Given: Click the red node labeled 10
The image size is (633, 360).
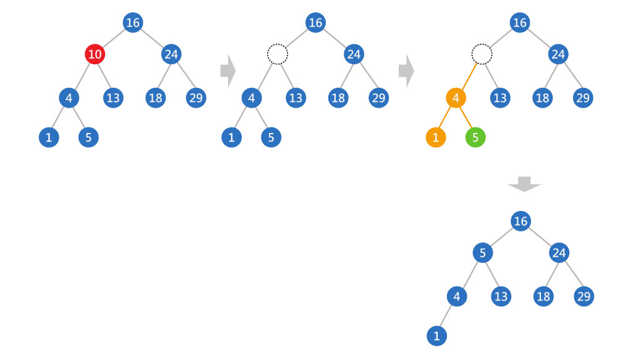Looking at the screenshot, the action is tap(95, 54).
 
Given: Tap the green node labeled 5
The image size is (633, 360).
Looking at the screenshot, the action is tap(475, 137).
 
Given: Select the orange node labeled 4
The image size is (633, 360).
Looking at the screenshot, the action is tap(456, 98).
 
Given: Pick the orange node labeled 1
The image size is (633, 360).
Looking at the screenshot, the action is tap(436, 137).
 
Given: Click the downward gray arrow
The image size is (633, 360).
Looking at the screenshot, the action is tap(524, 184).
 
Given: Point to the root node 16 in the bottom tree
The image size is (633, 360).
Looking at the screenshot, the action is tap(521, 221).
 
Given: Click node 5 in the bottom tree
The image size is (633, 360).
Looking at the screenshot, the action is tap(483, 253).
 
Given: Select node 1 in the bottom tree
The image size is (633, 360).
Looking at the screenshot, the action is tap(436, 336).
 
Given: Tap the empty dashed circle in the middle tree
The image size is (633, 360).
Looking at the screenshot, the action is tap(278, 54).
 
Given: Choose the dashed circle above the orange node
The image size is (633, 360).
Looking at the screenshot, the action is tap(481, 54).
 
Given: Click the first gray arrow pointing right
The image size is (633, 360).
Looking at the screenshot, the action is tap(227, 71).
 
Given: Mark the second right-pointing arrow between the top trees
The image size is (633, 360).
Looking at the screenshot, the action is tap(406, 71).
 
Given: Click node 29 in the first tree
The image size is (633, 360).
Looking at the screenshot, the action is tap(196, 98).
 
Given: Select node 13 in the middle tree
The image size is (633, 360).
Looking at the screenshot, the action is tap(296, 98).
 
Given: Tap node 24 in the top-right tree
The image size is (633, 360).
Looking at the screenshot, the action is tap(558, 54).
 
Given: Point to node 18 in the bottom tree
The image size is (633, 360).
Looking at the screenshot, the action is tap(543, 296).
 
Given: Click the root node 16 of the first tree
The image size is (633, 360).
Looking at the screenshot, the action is tap(133, 23).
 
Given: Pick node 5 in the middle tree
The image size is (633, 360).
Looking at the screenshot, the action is tap(271, 137).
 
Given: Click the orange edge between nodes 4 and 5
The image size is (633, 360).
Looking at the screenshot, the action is tap(465, 118).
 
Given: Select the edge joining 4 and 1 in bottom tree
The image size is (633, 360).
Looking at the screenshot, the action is tap(446, 317).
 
